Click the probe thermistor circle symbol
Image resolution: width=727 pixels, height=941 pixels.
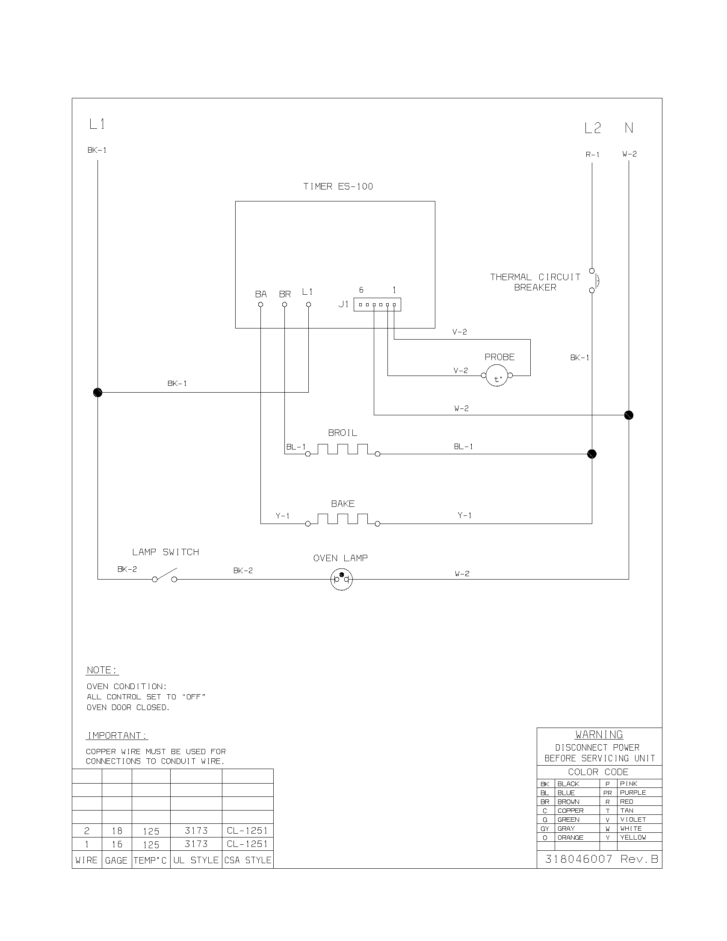(x=497, y=376)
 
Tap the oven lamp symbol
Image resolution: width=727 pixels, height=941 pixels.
(x=342, y=579)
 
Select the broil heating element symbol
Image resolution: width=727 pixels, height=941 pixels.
(x=343, y=450)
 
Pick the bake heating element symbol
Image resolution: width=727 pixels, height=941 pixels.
(x=343, y=519)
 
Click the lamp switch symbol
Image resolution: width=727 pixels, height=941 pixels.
(x=165, y=576)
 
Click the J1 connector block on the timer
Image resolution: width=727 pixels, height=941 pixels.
(x=377, y=305)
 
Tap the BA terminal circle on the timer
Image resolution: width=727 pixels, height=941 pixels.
(x=260, y=305)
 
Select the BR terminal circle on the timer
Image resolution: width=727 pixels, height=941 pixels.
(x=284, y=305)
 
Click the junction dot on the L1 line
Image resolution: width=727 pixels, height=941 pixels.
(x=98, y=393)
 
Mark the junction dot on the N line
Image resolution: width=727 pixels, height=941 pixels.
(x=629, y=415)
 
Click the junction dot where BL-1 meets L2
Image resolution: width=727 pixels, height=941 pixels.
(x=592, y=454)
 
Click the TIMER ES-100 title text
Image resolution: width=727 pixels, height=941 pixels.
(x=338, y=186)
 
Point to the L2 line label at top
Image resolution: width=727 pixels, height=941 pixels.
(x=592, y=128)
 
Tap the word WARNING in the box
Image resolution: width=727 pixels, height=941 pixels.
(x=599, y=734)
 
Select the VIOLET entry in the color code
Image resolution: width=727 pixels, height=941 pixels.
(x=633, y=820)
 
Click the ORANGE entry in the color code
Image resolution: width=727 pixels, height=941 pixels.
(x=570, y=837)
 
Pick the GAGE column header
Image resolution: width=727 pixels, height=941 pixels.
(x=116, y=861)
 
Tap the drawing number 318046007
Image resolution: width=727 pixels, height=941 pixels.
(x=579, y=859)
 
